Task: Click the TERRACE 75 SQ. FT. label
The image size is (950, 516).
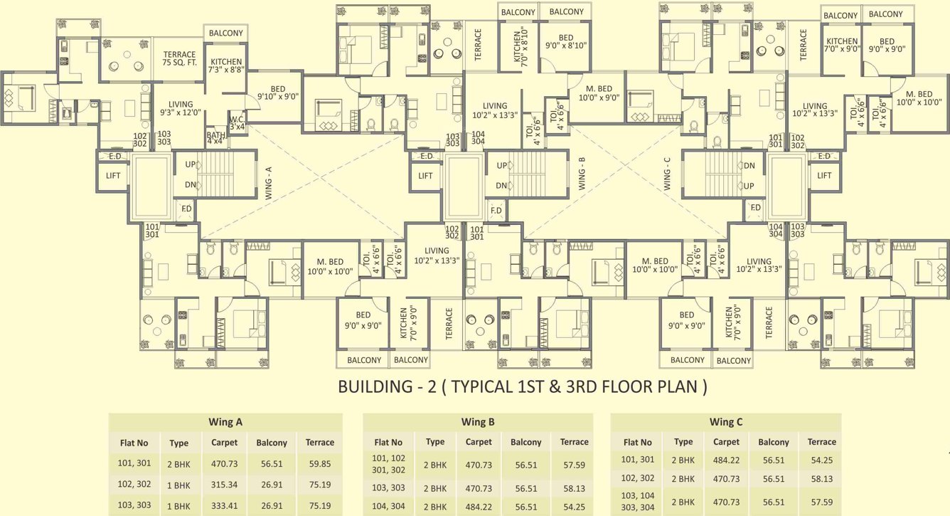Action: click(179, 60)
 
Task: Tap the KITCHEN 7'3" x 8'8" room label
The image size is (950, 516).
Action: click(226, 67)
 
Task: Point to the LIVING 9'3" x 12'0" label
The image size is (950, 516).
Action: click(181, 109)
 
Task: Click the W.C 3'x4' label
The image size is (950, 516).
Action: click(237, 123)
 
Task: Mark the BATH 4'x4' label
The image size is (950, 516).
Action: click(215, 137)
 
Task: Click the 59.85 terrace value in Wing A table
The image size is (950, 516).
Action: click(319, 463)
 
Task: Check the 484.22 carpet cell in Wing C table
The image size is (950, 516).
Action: click(726, 460)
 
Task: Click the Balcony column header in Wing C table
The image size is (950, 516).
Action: click(774, 442)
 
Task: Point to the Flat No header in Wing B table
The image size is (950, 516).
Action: click(388, 442)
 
